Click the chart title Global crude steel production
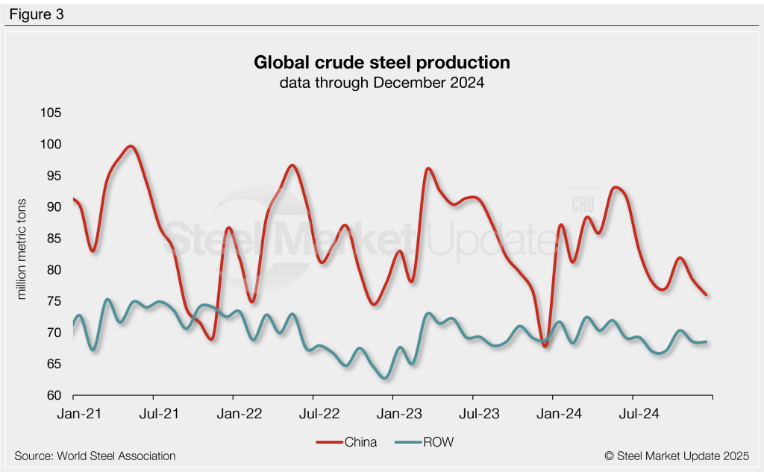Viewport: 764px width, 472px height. (382, 62)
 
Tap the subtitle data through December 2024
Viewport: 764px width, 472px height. (382, 83)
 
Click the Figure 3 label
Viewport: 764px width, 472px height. (37, 13)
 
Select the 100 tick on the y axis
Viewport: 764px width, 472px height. (51, 144)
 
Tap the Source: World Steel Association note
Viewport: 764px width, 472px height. (95, 456)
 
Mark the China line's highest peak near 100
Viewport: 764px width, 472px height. (131, 146)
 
